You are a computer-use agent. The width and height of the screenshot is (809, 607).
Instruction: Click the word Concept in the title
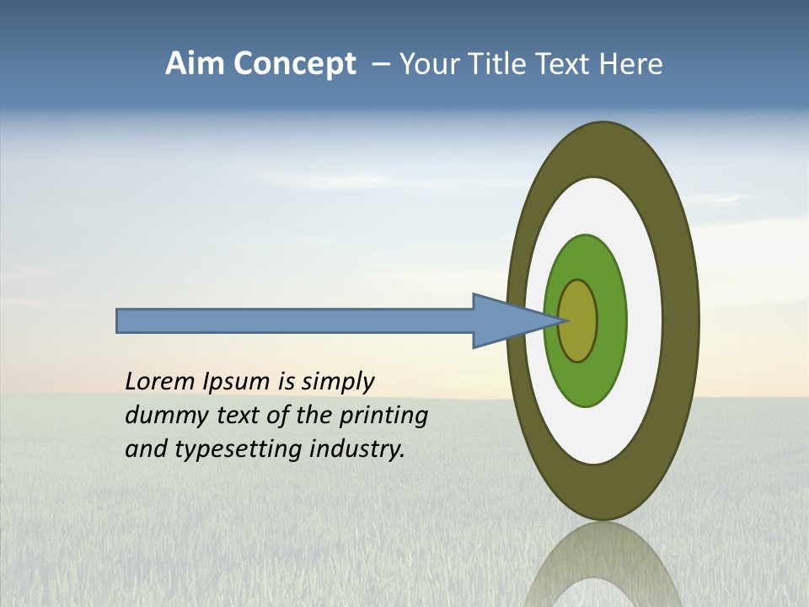(295, 64)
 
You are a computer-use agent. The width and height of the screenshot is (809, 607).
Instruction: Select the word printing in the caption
(383, 416)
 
